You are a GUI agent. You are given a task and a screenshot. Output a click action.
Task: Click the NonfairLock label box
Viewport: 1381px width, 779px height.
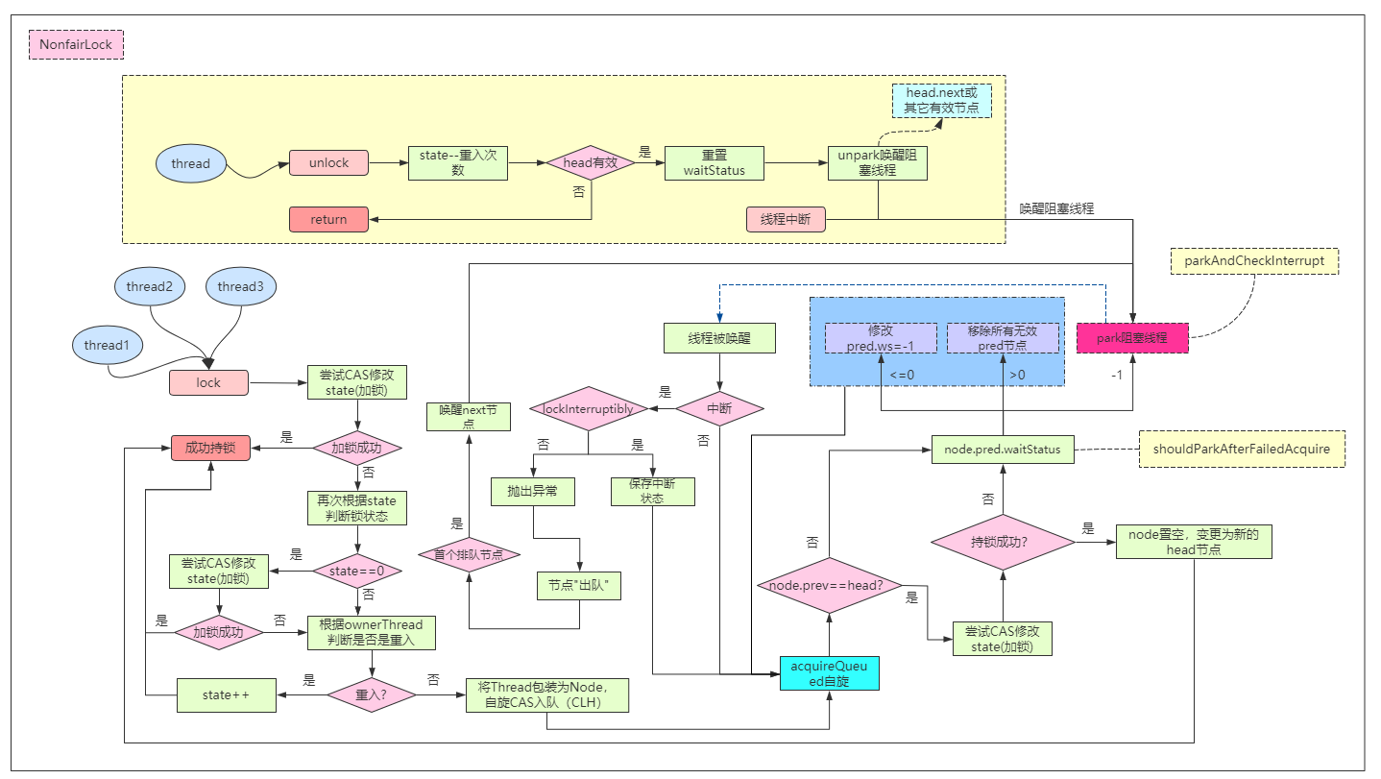pyautogui.click(x=77, y=44)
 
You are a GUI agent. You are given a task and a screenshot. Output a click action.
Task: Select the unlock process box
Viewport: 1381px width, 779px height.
pyautogui.click(x=328, y=163)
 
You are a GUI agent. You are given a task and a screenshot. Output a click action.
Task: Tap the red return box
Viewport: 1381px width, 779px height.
pyautogui.click(x=328, y=219)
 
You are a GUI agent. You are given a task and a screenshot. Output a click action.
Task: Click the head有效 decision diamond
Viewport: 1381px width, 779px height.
pyautogui.click(x=591, y=163)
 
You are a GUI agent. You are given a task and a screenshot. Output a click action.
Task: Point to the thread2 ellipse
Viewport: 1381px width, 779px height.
pyautogui.click(x=149, y=286)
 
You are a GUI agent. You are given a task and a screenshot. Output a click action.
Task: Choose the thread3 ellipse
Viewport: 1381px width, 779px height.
pyautogui.click(x=240, y=286)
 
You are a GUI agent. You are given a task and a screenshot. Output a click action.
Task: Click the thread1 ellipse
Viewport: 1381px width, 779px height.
pyautogui.click(x=106, y=345)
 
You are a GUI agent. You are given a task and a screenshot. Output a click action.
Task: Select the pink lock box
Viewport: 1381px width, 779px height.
pyautogui.click(x=208, y=382)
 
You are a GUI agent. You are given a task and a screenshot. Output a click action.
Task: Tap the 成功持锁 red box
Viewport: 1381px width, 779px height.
pyautogui.click(x=210, y=448)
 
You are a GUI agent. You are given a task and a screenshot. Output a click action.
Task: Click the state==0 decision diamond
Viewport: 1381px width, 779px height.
pyautogui.click(x=357, y=571)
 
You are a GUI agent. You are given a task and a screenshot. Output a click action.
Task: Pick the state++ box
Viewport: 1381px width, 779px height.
pyautogui.click(x=227, y=694)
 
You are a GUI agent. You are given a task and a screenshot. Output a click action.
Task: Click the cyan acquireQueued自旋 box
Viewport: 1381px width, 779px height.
pyautogui.click(x=829, y=673)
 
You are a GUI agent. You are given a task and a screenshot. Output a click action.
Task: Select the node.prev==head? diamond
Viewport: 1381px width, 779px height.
pyautogui.click(x=828, y=586)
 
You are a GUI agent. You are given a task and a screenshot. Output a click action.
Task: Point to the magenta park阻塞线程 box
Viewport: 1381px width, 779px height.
pyautogui.click(x=1133, y=338)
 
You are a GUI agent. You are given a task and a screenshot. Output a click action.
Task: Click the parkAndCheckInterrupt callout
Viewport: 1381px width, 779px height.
pyautogui.click(x=1254, y=260)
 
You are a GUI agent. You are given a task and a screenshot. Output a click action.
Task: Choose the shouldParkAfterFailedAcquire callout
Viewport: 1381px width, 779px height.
pyautogui.click(x=1242, y=449)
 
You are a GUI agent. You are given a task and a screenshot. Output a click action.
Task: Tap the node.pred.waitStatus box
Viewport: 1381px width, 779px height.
pyautogui.click(x=1003, y=449)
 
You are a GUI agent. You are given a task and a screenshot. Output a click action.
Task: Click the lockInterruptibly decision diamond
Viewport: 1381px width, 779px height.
pyautogui.click(x=589, y=408)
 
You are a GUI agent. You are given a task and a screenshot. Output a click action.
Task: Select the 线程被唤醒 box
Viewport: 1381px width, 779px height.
pyautogui.click(x=719, y=338)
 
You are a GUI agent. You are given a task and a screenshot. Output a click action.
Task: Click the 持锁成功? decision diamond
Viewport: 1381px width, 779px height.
pyautogui.click(x=1003, y=542)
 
